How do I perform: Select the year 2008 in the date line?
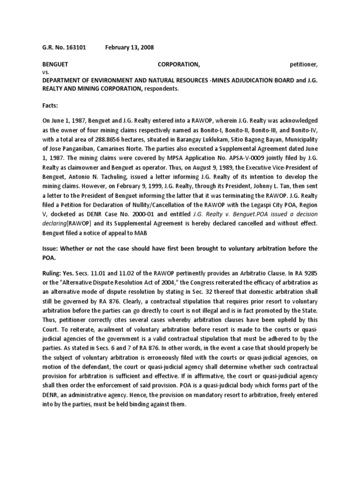146,47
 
